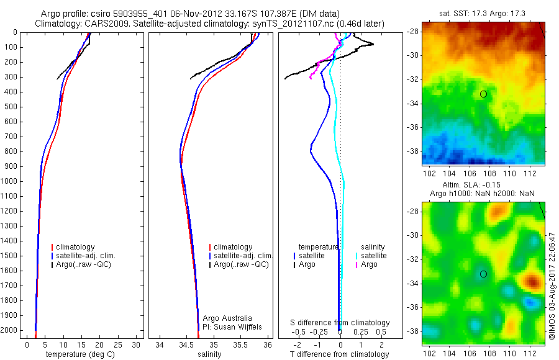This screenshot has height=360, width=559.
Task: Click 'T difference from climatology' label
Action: point(340,354)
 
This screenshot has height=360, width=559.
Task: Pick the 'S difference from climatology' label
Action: point(340,323)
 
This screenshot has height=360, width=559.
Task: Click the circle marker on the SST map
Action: point(483,94)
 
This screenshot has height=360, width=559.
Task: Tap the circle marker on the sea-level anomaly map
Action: point(483,274)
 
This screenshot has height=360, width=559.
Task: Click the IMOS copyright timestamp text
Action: point(552,286)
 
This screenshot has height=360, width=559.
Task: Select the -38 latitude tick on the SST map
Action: point(414,151)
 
